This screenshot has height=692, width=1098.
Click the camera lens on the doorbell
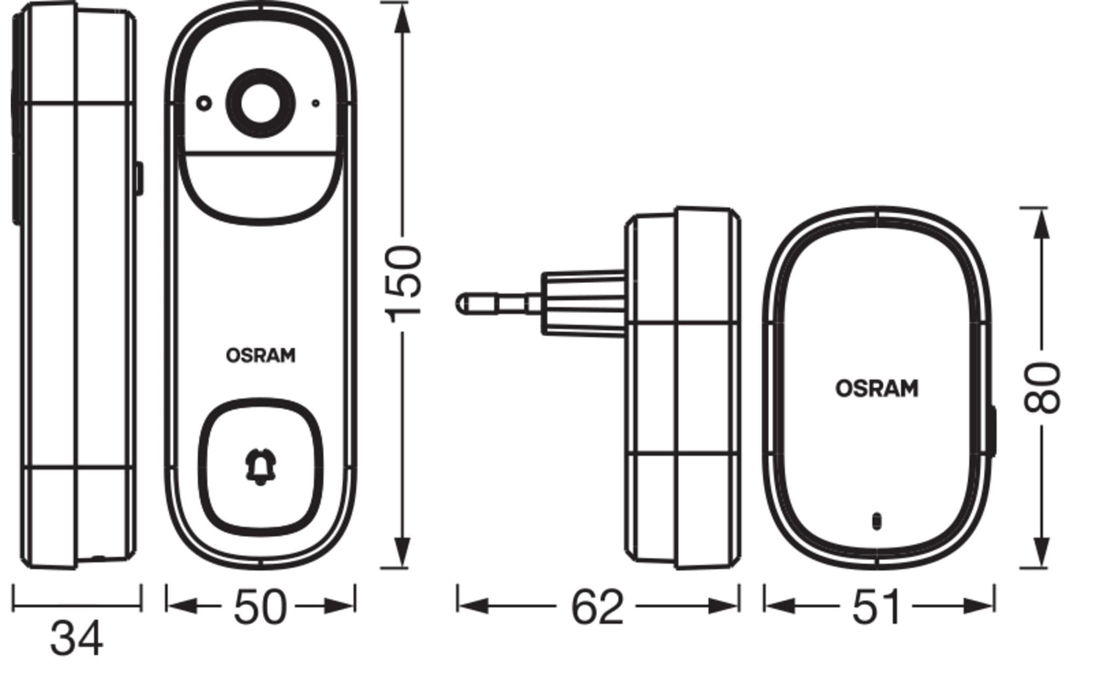[260, 103]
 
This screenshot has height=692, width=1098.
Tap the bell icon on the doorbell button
[260, 466]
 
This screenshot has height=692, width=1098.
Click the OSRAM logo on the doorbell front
[260, 355]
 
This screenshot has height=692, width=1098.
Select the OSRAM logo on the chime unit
[876, 388]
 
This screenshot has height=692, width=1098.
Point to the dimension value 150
[405, 284]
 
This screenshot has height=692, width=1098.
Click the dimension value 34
[76, 639]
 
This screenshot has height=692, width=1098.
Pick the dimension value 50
[260, 607]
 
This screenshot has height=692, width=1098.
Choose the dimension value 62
[597, 607]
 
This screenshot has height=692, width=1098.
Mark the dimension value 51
[876, 607]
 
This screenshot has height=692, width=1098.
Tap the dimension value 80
[1042, 388]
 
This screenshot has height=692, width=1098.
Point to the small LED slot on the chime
[876, 520]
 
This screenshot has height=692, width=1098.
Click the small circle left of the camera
[204, 103]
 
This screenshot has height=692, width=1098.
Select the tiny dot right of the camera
[316, 103]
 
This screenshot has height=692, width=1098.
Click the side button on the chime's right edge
[992, 431]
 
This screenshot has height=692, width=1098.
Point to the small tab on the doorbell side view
[138, 179]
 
